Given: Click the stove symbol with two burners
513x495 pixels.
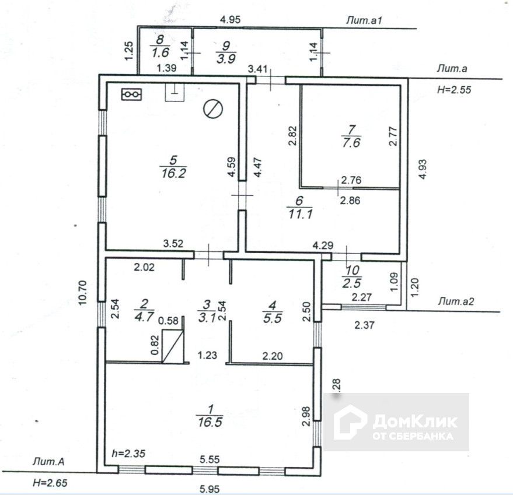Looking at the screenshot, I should point(132,94).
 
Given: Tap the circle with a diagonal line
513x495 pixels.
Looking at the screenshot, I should point(213,108).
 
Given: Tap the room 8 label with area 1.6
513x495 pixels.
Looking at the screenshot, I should point(159,47).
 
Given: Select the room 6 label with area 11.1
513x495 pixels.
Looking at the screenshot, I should point(298,206).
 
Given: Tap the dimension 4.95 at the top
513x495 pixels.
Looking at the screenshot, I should point(229,20).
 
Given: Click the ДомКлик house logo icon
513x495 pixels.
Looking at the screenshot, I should point(350,422).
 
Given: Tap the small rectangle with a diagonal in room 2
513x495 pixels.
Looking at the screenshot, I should point(173,347).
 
